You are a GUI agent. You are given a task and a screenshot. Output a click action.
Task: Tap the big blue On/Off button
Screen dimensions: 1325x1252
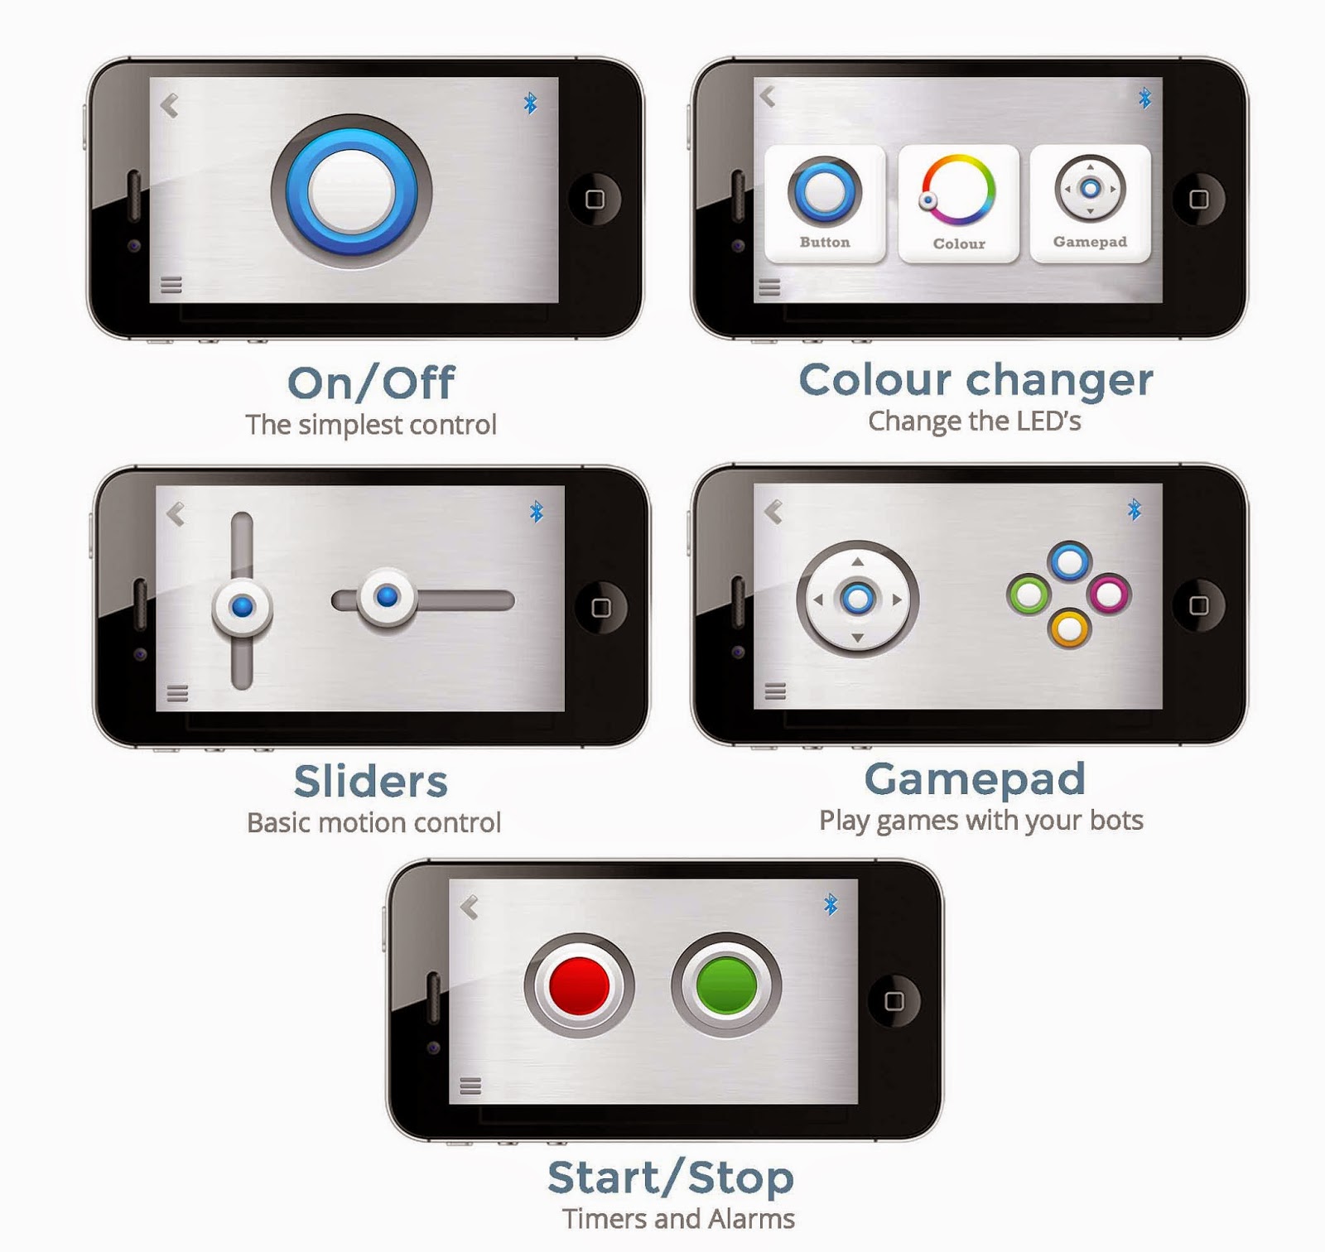click(x=351, y=191)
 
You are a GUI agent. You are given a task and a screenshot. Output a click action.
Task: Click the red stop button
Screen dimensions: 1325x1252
click(x=579, y=985)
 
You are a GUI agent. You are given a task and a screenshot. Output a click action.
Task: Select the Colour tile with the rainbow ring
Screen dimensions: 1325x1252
click(x=958, y=204)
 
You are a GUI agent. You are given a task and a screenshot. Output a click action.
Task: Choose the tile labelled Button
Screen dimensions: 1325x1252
click(x=825, y=204)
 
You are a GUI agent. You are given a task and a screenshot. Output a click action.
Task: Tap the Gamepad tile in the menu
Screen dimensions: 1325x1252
click(x=1090, y=204)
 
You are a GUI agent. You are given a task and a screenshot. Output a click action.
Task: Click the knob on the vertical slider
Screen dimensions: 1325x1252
click(x=242, y=607)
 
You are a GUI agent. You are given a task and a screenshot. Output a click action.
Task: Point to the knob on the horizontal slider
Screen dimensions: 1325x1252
click(x=386, y=597)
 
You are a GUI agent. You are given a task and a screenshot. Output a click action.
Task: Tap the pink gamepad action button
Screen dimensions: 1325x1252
click(x=1109, y=594)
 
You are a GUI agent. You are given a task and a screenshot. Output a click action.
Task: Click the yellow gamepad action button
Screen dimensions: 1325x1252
click(x=1069, y=628)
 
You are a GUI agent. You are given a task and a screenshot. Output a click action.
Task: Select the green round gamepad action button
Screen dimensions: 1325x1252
click(x=1029, y=594)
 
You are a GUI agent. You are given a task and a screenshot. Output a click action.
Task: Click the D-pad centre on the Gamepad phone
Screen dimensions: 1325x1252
click(x=858, y=598)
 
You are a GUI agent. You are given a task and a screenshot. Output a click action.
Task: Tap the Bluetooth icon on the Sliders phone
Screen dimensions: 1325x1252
click(x=537, y=512)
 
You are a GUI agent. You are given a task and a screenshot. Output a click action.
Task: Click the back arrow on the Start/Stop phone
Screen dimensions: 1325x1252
click(x=470, y=908)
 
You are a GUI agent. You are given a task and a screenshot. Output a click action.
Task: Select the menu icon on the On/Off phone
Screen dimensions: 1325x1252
click(x=171, y=285)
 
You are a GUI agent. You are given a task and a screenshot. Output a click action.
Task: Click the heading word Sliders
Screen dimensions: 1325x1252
click(x=371, y=782)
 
